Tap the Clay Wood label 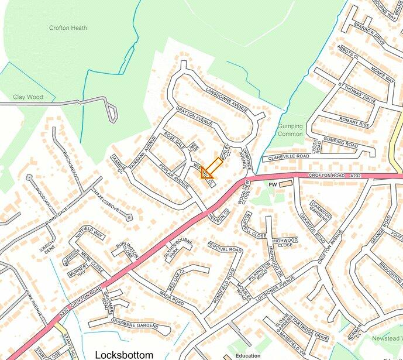tap(28, 97)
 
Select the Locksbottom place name tap(123, 355)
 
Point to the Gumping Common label tap(290, 130)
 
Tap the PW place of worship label tap(271, 184)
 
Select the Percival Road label tap(225, 249)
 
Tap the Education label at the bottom tap(248, 355)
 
